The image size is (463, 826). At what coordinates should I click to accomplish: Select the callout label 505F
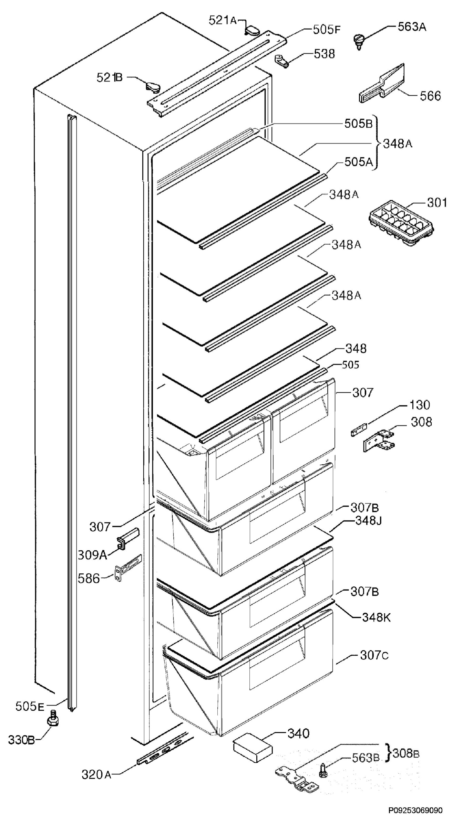coord(326,30)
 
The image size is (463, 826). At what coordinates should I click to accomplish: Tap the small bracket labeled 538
coord(282,61)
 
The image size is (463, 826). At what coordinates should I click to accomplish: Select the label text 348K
coord(376,617)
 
